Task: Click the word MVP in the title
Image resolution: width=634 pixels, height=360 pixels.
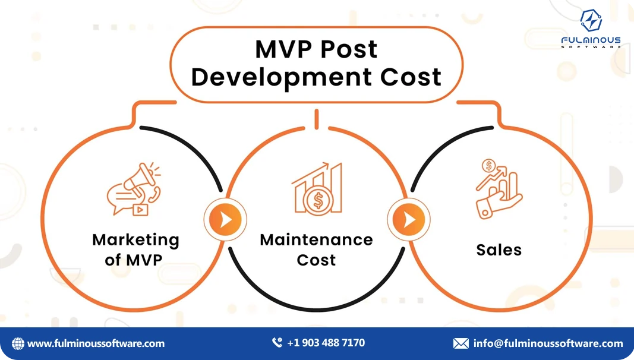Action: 283,49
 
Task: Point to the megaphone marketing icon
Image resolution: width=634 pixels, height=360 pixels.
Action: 133,190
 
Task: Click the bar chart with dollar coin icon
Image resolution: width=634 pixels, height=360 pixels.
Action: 317,188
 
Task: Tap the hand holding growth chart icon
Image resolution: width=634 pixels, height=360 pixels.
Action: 498,188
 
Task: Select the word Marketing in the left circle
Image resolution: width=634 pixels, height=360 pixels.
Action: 135,240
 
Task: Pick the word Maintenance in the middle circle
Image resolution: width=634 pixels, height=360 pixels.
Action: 316,240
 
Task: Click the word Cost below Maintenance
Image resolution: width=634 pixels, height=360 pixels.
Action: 316,260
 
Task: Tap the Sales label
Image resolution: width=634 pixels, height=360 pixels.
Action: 499,250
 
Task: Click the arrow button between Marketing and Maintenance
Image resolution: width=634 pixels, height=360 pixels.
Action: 225,220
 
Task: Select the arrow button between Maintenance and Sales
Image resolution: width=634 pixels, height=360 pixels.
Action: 409,220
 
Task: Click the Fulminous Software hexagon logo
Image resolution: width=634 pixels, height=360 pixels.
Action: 591,21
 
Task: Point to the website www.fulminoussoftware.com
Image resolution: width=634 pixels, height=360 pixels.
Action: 96,343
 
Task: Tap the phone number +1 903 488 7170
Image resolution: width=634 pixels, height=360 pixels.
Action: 326,343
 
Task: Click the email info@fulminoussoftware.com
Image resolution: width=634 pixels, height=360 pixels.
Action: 548,343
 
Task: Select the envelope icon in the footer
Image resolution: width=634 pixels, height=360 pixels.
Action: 461,343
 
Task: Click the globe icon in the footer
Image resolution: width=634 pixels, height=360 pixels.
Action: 18,343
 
